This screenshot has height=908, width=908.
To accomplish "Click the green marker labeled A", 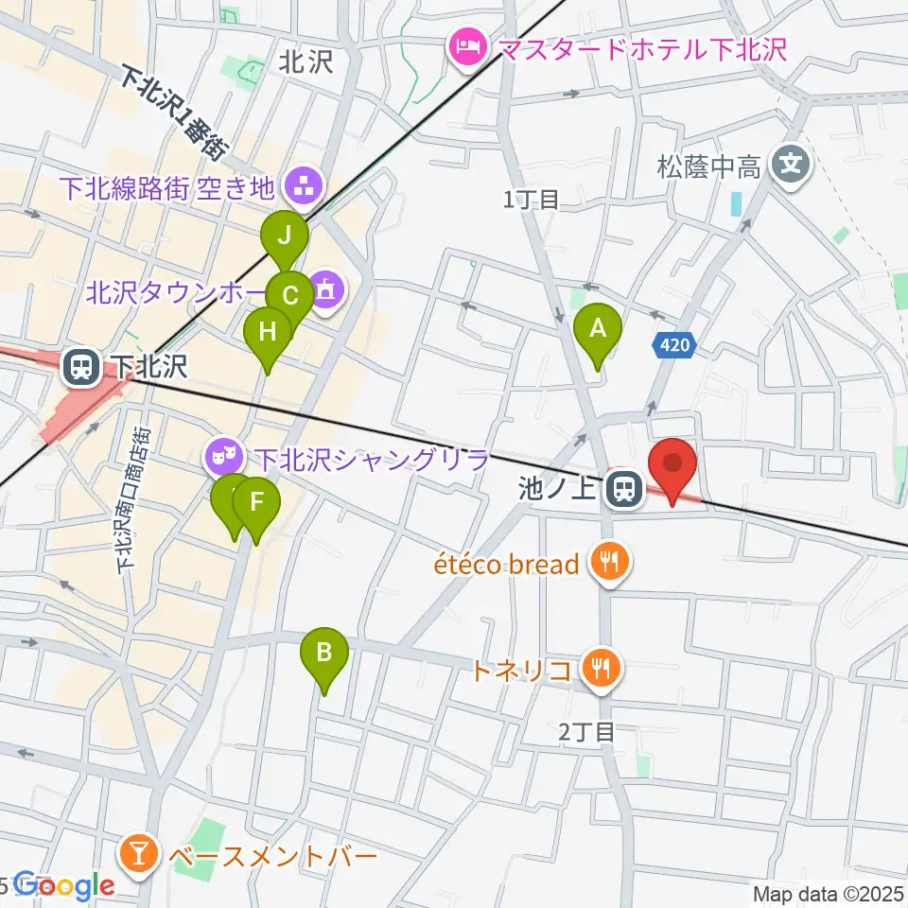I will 598,331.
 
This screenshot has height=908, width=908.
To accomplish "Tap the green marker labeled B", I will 324,654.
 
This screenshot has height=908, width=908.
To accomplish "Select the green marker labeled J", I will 285,237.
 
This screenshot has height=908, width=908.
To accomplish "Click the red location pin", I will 672,465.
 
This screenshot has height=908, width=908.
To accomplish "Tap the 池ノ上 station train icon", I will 622,489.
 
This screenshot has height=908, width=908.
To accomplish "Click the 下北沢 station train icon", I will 79,366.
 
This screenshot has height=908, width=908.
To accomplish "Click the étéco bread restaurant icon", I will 605,565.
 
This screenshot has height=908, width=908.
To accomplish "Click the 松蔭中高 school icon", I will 790,167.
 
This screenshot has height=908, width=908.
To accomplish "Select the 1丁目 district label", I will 532,198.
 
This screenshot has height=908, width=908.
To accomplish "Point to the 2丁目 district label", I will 587,730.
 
